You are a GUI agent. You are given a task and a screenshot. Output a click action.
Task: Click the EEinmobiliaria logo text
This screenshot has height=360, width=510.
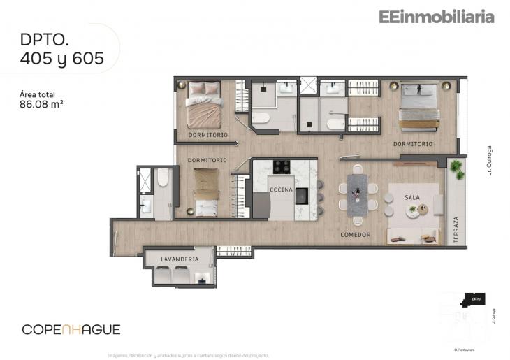437,17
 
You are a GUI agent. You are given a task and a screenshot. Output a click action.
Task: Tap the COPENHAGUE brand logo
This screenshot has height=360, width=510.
71,329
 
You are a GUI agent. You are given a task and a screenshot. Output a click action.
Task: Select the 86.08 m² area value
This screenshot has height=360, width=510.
45,106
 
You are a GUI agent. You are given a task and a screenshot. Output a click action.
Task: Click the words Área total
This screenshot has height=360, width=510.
38,94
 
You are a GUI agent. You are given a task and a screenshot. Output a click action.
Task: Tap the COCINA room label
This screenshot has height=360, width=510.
282,189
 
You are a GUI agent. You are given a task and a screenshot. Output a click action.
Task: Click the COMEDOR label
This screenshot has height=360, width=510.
355,234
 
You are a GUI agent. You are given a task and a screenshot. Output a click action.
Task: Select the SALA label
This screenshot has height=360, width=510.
412,197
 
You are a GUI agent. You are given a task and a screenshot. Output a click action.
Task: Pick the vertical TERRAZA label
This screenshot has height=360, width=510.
456,229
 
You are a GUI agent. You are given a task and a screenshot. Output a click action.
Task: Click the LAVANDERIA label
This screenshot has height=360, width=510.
180,259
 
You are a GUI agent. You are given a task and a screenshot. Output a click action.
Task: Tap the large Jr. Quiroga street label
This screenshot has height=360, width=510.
490,160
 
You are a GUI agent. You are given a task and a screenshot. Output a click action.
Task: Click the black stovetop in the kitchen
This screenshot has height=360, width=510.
282,166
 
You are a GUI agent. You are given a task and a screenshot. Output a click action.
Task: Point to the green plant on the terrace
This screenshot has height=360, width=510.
457,168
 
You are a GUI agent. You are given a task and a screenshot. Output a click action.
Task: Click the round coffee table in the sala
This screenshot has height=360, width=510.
413,210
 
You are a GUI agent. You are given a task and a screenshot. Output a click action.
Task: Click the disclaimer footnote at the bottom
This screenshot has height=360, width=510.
188,355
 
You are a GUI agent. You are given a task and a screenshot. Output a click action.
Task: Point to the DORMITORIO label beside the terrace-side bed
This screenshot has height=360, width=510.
412,144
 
